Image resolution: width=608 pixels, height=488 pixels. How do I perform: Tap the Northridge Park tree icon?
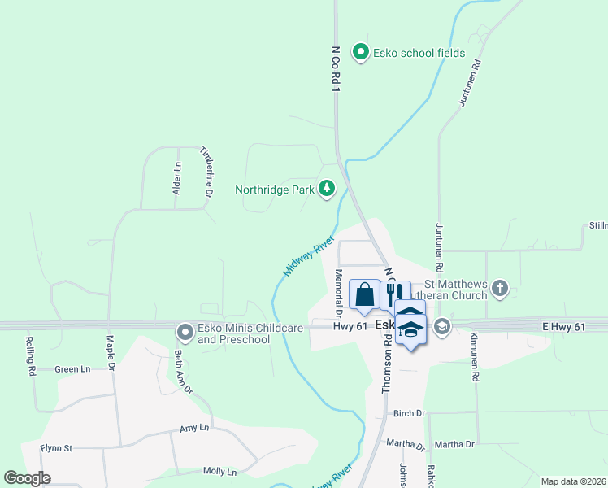tap(327, 189)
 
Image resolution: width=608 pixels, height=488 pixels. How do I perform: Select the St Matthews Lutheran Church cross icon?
tap(499, 287)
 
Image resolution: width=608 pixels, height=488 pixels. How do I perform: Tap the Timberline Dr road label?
tap(206, 172)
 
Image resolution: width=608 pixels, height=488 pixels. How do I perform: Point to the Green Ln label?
tap(72, 369)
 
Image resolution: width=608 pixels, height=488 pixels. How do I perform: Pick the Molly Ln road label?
tap(219, 472)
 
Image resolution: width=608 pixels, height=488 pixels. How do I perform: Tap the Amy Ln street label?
tap(194, 428)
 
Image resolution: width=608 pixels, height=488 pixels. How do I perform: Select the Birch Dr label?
tap(409, 413)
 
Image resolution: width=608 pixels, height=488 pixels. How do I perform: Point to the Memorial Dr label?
tap(337, 293)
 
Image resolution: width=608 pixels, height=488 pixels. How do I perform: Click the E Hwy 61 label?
tap(563, 326)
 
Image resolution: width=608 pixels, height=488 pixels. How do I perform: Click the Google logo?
tap(27, 478)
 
